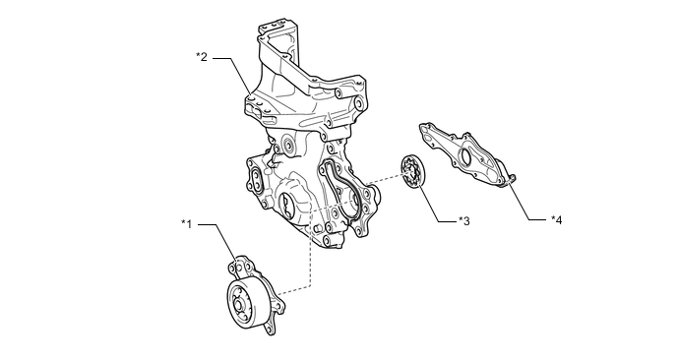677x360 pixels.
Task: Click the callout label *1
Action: (187, 224)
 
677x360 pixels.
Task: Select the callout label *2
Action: (202, 56)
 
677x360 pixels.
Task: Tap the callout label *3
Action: (463, 221)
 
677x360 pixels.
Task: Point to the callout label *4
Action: (557, 219)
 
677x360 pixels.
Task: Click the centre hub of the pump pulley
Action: (237, 306)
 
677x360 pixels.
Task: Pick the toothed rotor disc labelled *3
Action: (412, 172)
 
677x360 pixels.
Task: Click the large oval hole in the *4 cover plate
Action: (465, 156)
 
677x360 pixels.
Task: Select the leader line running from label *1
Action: (220, 244)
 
